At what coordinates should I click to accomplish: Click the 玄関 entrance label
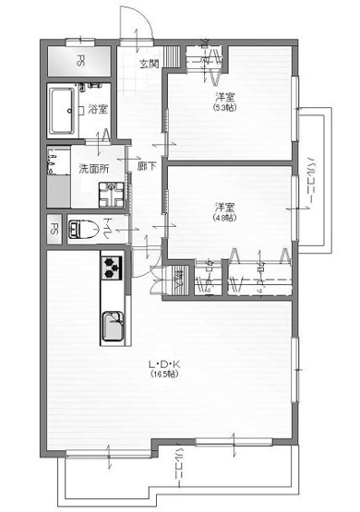click(149, 64)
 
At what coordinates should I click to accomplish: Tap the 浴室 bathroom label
click(99, 109)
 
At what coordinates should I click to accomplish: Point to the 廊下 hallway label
click(145, 167)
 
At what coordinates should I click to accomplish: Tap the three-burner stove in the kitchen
click(113, 266)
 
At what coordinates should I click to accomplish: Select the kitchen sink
click(114, 325)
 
